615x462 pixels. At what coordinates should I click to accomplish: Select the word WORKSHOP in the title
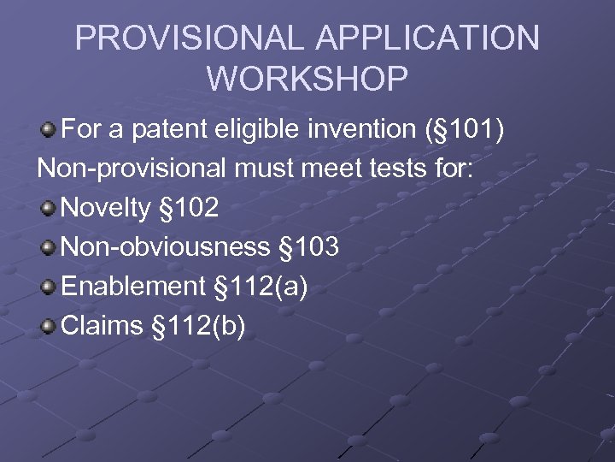[307, 79]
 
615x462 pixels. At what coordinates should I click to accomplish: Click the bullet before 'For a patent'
[50, 130]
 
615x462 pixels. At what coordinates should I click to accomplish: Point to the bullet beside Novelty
[50, 209]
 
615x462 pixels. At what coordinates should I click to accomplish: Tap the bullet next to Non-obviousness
[50, 248]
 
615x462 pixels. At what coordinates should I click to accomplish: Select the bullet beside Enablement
[50, 287]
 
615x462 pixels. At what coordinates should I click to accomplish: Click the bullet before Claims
[50, 327]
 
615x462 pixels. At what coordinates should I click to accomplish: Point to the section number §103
[309, 247]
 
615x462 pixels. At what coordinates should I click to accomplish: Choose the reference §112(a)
[261, 287]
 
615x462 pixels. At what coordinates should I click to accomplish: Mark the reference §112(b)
[198, 326]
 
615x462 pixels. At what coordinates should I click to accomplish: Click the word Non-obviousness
[166, 247]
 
